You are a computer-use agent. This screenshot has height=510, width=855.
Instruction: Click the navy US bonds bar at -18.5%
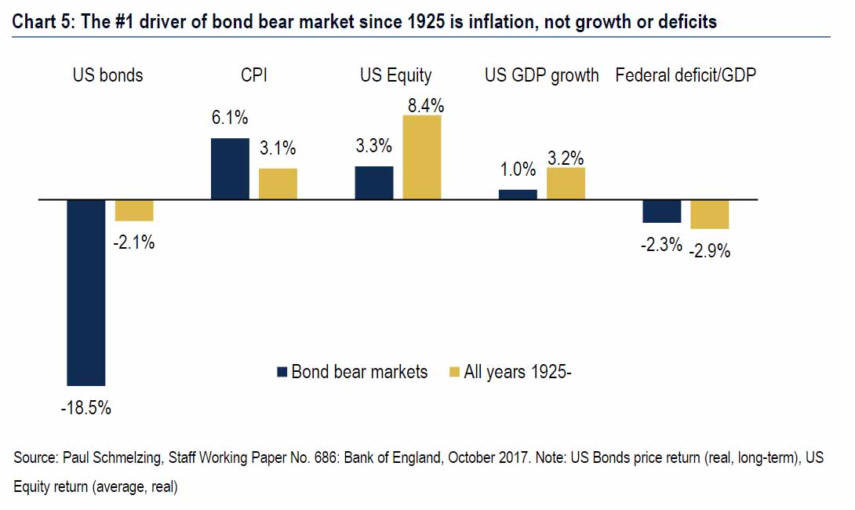tap(86, 292)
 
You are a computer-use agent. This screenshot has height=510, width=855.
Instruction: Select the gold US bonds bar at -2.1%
tap(134, 210)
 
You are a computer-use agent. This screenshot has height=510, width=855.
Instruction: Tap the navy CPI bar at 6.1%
tap(230, 169)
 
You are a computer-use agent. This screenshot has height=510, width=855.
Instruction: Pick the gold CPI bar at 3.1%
tap(278, 184)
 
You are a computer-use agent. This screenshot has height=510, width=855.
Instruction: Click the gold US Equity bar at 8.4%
tap(422, 157)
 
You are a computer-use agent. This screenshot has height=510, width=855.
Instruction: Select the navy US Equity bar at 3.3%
tap(374, 183)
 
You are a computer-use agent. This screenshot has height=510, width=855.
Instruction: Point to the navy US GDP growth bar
tap(518, 195)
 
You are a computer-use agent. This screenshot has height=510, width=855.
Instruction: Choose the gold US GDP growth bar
tap(566, 184)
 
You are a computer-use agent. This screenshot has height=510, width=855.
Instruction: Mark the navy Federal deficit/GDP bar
tap(662, 211)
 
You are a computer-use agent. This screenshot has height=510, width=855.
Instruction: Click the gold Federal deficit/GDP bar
tap(710, 214)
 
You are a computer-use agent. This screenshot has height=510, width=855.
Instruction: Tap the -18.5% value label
tap(85, 408)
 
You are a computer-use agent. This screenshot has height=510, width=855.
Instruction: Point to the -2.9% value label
tap(710, 252)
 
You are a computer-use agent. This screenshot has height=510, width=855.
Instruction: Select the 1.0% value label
tap(518, 169)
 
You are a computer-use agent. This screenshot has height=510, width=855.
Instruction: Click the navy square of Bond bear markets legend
tap(282, 372)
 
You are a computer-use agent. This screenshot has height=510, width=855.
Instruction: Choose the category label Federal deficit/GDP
tap(686, 75)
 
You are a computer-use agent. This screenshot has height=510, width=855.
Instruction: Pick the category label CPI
tap(254, 75)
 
